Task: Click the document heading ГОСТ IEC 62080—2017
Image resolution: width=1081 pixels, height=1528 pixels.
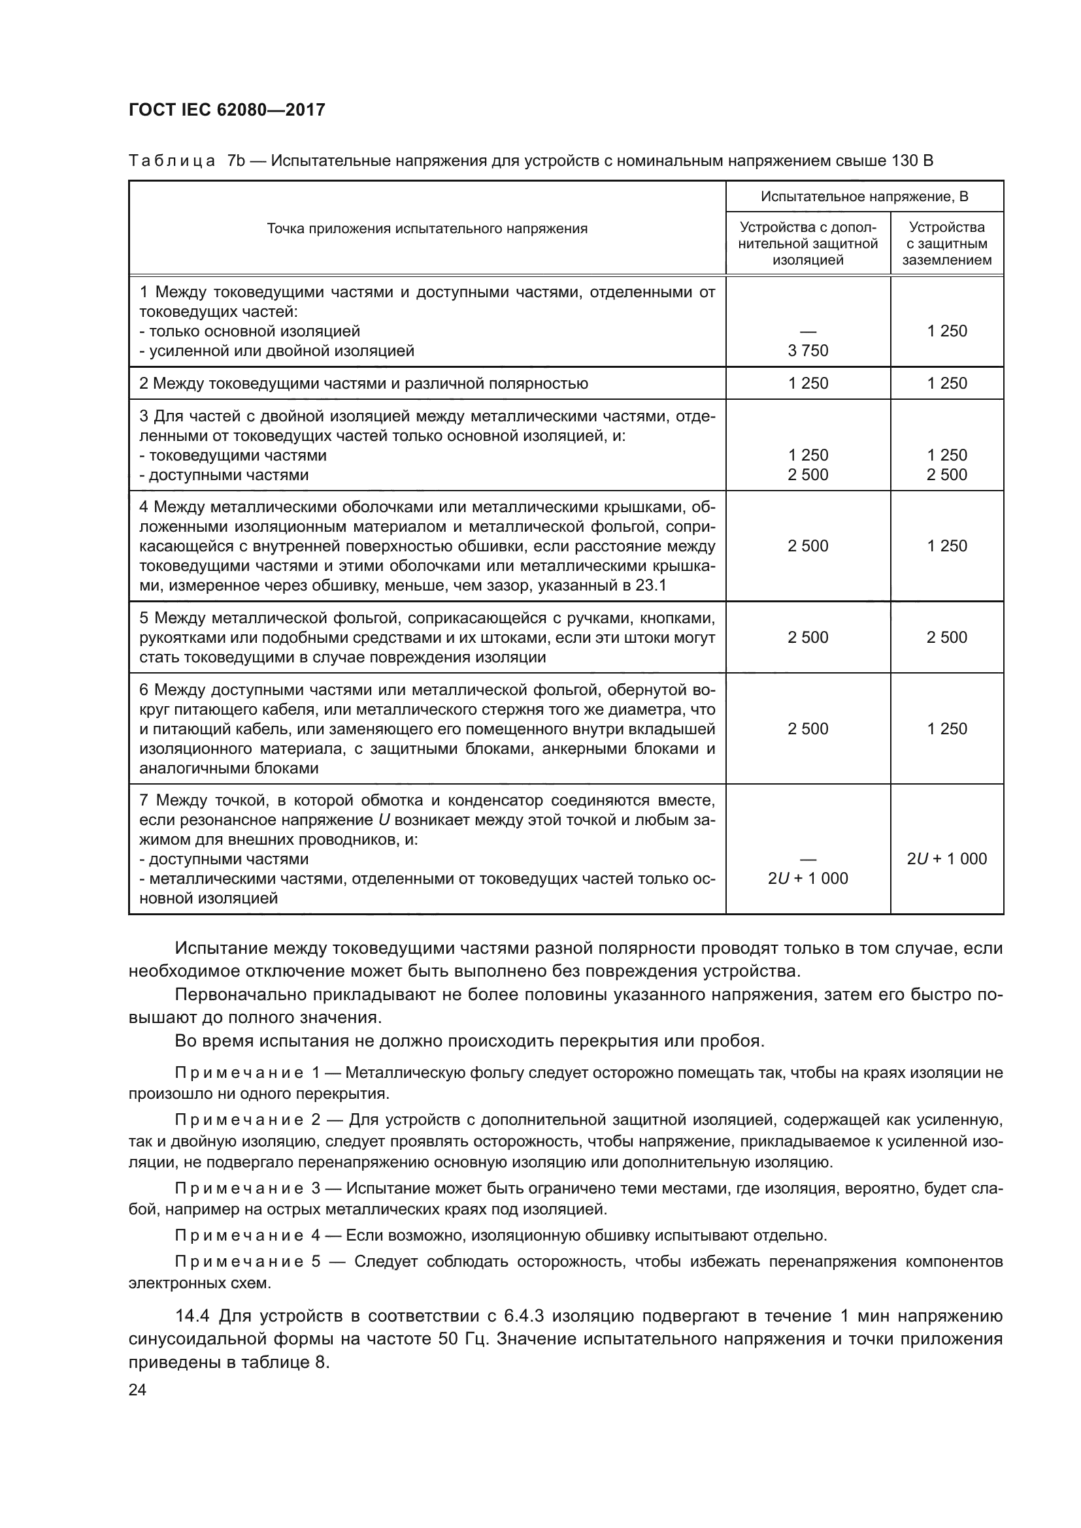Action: click(x=227, y=110)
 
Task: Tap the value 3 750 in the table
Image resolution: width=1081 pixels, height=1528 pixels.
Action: click(x=807, y=351)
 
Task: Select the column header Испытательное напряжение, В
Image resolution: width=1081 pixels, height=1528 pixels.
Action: click(x=864, y=197)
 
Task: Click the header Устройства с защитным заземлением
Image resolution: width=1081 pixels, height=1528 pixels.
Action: click(x=946, y=244)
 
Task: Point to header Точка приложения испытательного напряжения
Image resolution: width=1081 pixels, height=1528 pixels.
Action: click(x=427, y=229)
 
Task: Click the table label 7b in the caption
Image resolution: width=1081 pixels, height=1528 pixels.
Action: click(x=237, y=161)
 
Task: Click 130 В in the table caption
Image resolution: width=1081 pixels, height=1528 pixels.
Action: click(x=912, y=161)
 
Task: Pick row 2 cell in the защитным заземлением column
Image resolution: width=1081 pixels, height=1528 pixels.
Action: click(x=946, y=383)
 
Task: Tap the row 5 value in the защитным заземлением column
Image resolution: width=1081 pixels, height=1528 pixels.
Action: click(x=946, y=638)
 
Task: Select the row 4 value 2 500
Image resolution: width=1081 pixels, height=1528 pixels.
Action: click(x=807, y=546)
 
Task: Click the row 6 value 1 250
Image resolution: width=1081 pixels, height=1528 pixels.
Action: click(x=946, y=729)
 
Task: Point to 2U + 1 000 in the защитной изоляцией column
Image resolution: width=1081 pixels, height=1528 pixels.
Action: click(x=807, y=879)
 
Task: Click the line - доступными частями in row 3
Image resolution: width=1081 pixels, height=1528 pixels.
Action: click(x=224, y=475)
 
